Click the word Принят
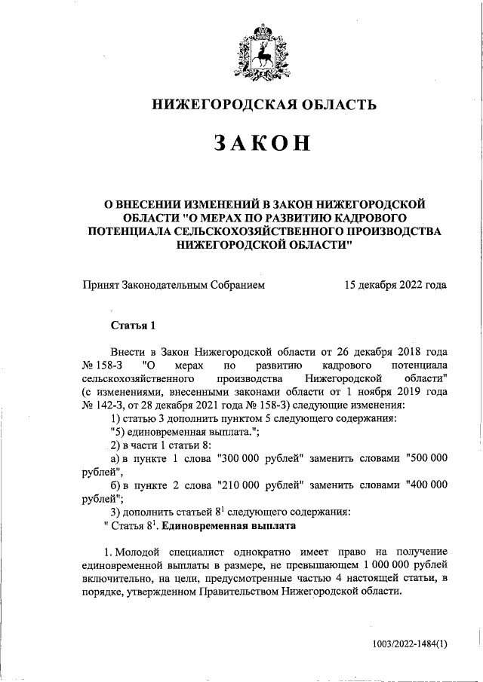(x=100, y=285)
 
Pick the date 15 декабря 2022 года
(x=394, y=285)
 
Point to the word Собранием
(x=238, y=285)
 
